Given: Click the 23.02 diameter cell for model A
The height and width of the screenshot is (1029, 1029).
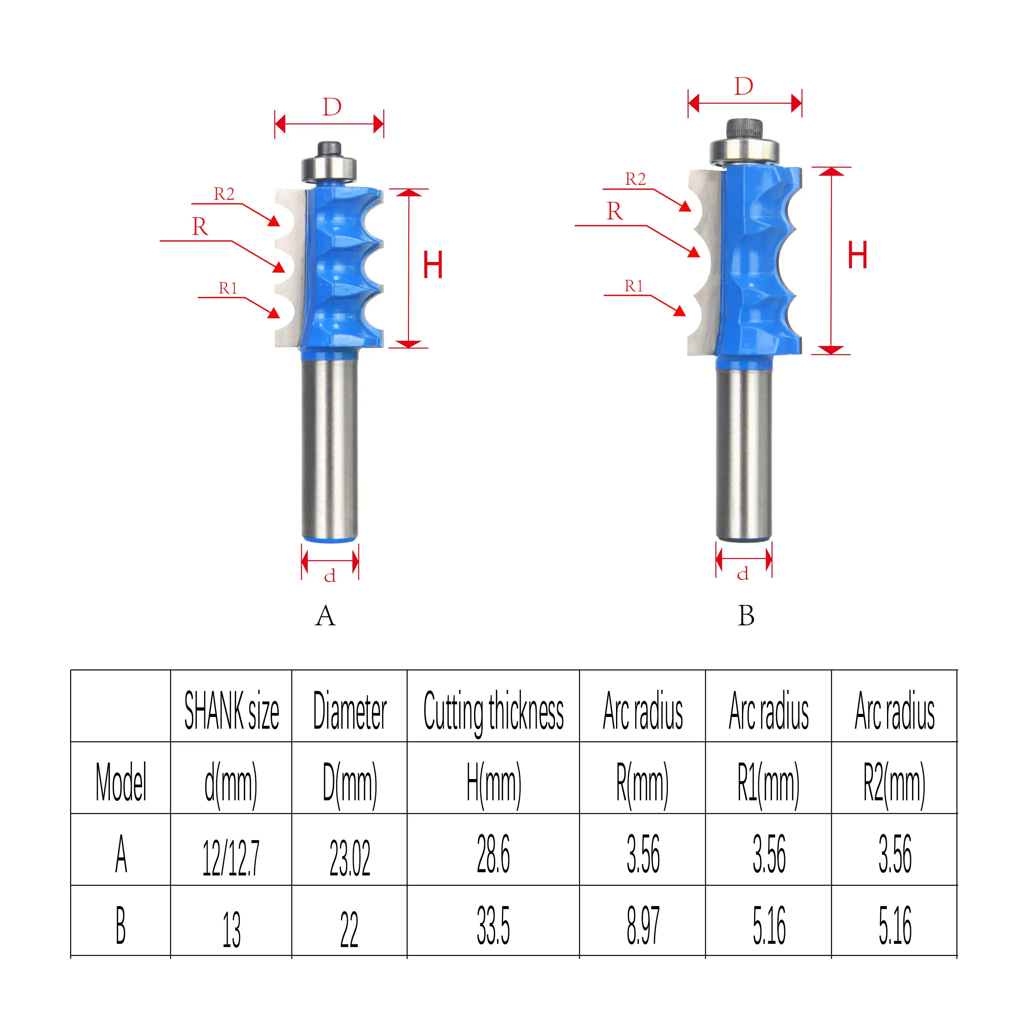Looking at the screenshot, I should coord(349,857).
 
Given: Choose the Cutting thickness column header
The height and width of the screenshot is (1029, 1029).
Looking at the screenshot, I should coord(493,711).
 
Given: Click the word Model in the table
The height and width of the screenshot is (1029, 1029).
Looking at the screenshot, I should coord(121,782).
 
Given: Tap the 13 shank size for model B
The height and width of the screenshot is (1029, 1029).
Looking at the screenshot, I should coord(231,929).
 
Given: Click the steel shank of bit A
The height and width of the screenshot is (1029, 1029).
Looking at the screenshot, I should coord(330,448).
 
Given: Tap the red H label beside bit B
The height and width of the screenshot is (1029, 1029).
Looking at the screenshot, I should coord(857,255).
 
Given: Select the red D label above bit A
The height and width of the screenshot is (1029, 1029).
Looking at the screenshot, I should coord(332,108).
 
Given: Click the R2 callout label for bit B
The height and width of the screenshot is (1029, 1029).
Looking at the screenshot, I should coord(635,180).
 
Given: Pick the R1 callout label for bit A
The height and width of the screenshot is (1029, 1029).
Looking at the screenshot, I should coord(228,289).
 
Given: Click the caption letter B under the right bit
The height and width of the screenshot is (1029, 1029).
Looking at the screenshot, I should coord(746,616).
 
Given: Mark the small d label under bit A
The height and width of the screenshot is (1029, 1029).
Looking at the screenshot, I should coord(330,576).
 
